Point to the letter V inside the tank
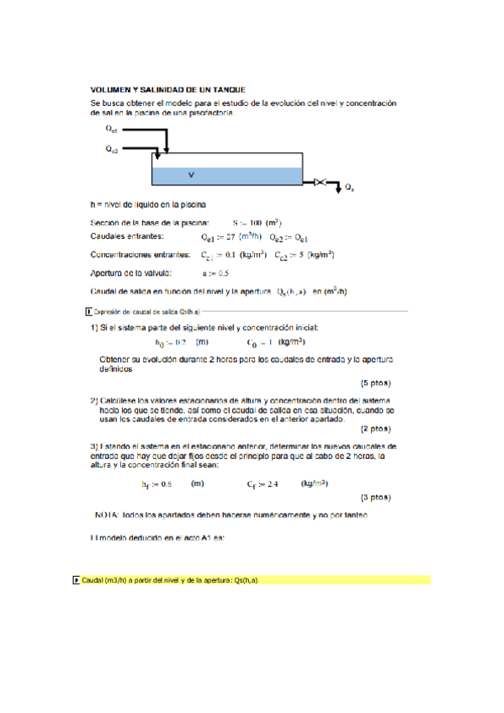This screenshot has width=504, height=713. tap(191, 175)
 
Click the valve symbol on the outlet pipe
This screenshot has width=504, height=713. tap(321, 181)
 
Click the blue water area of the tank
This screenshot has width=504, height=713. tap(252, 176)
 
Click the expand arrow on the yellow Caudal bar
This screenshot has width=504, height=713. tap(77, 580)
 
